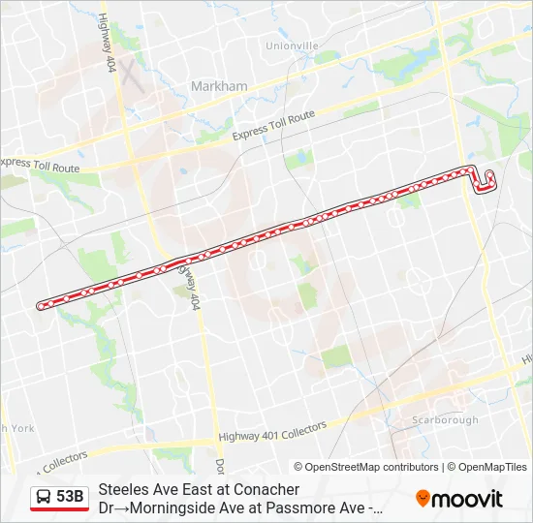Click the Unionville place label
coord(292,46)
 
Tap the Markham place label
coord(219,86)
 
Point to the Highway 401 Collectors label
coord(273,431)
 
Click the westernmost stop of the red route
coord(41,306)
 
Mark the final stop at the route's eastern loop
coord(488,176)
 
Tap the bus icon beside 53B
coord(44,498)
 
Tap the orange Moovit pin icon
coord(423,498)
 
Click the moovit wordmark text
coord(467,499)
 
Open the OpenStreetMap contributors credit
coord(366,467)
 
